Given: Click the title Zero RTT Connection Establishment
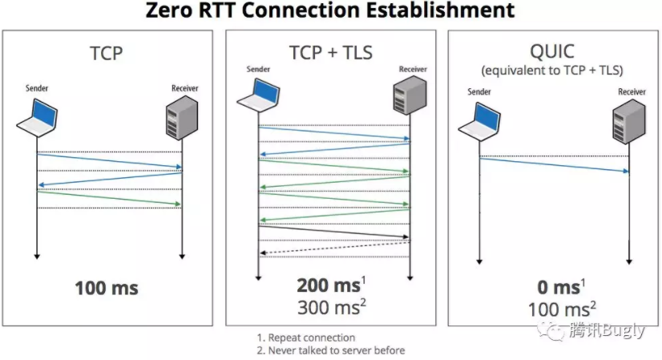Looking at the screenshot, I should (329, 10).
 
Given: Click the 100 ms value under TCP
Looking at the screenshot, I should (107, 288).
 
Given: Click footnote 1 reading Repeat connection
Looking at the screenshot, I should (306, 338).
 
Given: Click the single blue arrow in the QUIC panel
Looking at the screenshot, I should (553, 165).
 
